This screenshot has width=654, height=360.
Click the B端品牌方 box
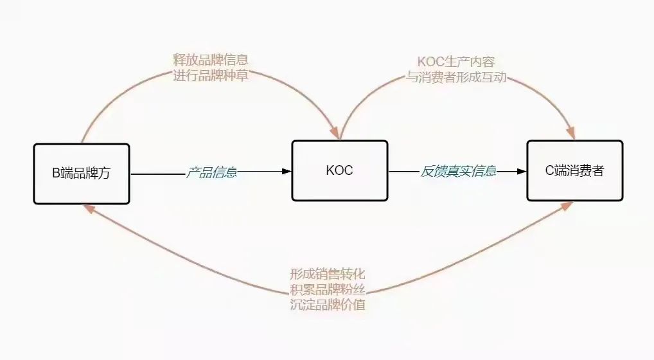[82, 174]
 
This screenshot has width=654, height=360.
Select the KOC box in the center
[340, 170]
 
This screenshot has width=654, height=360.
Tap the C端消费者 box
[575, 170]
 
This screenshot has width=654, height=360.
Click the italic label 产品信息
[211, 172]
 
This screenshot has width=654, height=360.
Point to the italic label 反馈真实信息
[458, 172]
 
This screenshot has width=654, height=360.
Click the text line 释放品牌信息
[211, 60]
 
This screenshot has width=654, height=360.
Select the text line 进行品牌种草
[211, 75]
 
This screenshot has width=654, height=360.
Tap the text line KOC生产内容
[456, 62]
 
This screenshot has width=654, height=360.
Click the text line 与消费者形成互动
[456, 77]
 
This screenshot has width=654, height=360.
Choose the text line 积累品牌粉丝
[328, 289]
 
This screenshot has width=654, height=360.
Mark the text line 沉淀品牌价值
[328, 304]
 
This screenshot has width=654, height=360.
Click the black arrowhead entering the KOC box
[286, 172]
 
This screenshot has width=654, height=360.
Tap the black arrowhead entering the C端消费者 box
[521, 172]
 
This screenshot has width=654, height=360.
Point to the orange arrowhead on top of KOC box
[335, 132]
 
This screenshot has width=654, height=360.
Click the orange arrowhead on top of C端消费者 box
[570, 133]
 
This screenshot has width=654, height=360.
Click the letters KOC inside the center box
[340, 170]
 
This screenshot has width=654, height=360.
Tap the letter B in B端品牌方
[56, 174]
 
